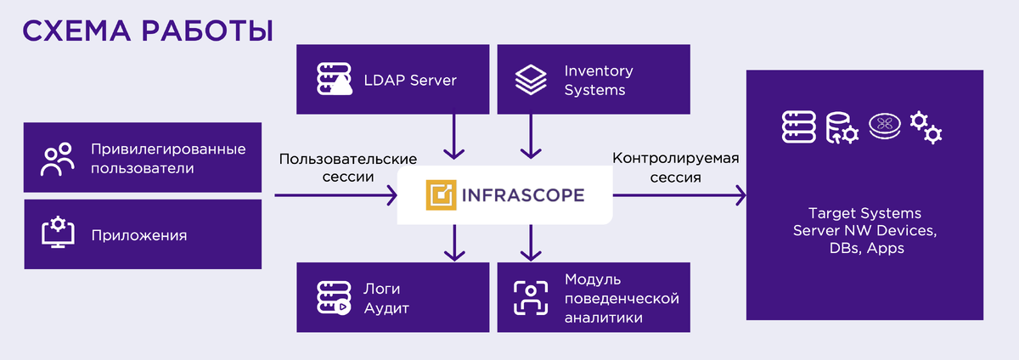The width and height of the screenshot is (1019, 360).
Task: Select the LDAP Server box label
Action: click(411, 81)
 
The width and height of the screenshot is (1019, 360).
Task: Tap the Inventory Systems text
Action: click(599, 81)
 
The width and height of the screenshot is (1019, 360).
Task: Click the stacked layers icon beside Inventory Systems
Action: click(532, 81)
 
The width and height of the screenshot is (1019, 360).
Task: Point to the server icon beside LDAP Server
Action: click(333, 81)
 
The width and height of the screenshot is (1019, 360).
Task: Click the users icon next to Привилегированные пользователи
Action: click(58, 160)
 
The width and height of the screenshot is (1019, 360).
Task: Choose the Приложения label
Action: click(139, 234)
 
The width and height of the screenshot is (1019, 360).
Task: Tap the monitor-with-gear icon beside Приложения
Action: click(58, 232)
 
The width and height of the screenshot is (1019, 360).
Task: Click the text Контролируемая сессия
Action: click(676, 167)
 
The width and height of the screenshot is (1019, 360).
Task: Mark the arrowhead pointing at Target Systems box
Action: click(740, 196)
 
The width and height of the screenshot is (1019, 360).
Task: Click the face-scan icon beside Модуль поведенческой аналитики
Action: click(531, 297)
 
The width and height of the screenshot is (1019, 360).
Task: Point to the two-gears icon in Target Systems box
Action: click(926, 127)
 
